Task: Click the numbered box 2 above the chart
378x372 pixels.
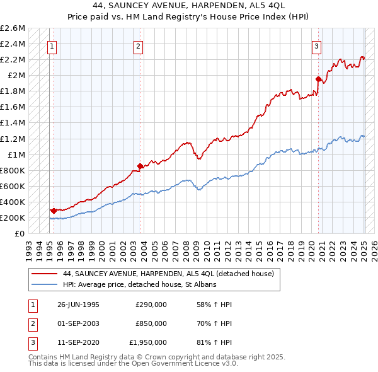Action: click(x=138, y=45)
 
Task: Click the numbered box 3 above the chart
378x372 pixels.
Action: click(x=316, y=45)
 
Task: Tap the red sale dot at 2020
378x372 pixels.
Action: click(x=319, y=79)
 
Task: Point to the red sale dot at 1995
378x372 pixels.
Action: click(x=54, y=211)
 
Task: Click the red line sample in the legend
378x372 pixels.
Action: click(x=45, y=274)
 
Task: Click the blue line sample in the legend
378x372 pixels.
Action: click(x=45, y=284)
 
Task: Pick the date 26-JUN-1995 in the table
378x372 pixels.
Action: click(x=78, y=305)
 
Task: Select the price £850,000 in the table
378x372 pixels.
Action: click(x=151, y=323)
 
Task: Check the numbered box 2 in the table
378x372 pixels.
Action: click(x=31, y=323)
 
